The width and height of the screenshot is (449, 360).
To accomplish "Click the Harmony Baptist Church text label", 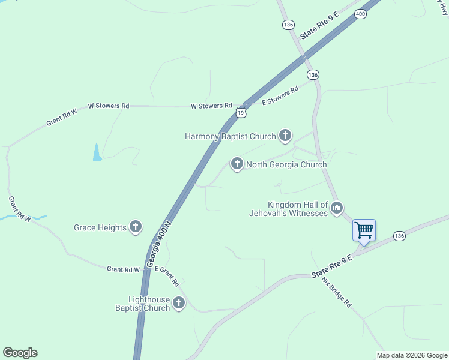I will tap(230, 137).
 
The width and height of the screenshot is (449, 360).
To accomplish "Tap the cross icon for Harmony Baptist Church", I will tap(285, 136).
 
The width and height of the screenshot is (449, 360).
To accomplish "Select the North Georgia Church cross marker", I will tap(237, 163).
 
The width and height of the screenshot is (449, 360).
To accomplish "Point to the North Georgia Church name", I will tap(286, 164).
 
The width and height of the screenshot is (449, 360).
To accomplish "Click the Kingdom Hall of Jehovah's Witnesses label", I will tap(289, 209).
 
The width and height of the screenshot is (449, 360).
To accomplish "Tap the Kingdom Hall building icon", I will tap(336, 208).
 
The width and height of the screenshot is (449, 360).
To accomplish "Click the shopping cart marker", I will tap(364, 230).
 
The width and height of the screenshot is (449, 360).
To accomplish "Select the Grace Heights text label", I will tap(100, 227).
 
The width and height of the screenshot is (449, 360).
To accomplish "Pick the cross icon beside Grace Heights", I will tap(136, 227).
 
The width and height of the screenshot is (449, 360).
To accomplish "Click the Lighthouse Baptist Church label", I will tap(143, 304).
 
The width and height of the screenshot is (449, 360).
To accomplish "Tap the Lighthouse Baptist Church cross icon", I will tap(179, 304).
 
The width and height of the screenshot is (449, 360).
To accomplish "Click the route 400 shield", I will tap(360, 14).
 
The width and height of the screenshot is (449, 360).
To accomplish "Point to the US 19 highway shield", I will tap(241, 112).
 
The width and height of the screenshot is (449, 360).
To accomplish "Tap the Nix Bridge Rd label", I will tap(336, 292).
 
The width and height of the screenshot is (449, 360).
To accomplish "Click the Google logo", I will tap(20, 353).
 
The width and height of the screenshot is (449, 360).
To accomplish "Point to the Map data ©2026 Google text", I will tap(412, 355).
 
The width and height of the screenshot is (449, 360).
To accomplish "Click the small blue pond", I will tap(97, 153).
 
